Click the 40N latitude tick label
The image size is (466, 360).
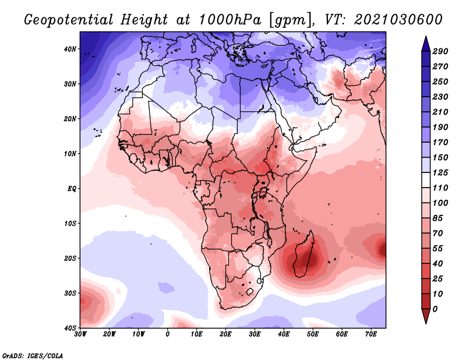coord(70,49)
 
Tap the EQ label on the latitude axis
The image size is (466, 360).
coord(72,189)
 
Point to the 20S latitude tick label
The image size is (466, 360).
coord(70,258)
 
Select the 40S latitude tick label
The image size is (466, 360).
coord(70,328)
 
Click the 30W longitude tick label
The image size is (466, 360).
coord(80,334)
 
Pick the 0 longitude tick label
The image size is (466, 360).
coord(168,334)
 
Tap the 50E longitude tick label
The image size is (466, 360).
coord(313,334)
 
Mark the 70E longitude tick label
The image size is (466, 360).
coord(371,334)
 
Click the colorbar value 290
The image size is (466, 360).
coord(440,51)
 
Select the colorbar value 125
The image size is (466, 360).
coord(440,172)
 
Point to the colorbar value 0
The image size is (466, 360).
coord(435,309)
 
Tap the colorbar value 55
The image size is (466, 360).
coord(437,249)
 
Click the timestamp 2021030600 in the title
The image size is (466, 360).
coord(398,20)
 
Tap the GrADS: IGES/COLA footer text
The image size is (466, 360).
coord(33,356)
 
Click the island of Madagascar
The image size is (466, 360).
coord(304,255)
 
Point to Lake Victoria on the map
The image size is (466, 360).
coord(263,192)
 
